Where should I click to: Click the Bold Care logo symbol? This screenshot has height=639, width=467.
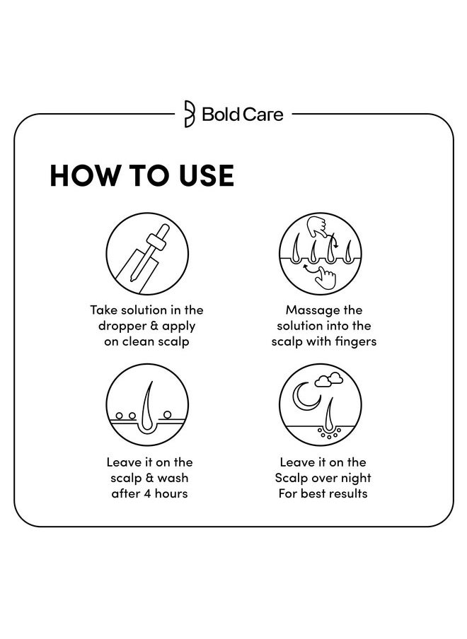click(x=190, y=114)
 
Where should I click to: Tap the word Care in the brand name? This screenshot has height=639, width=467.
click(x=263, y=114)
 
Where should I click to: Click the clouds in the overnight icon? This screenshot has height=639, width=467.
click(x=329, y=380)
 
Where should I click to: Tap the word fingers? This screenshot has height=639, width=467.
click(x=356, y=342)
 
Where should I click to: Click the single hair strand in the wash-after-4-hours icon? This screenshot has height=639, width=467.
click(x=148, y=406)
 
